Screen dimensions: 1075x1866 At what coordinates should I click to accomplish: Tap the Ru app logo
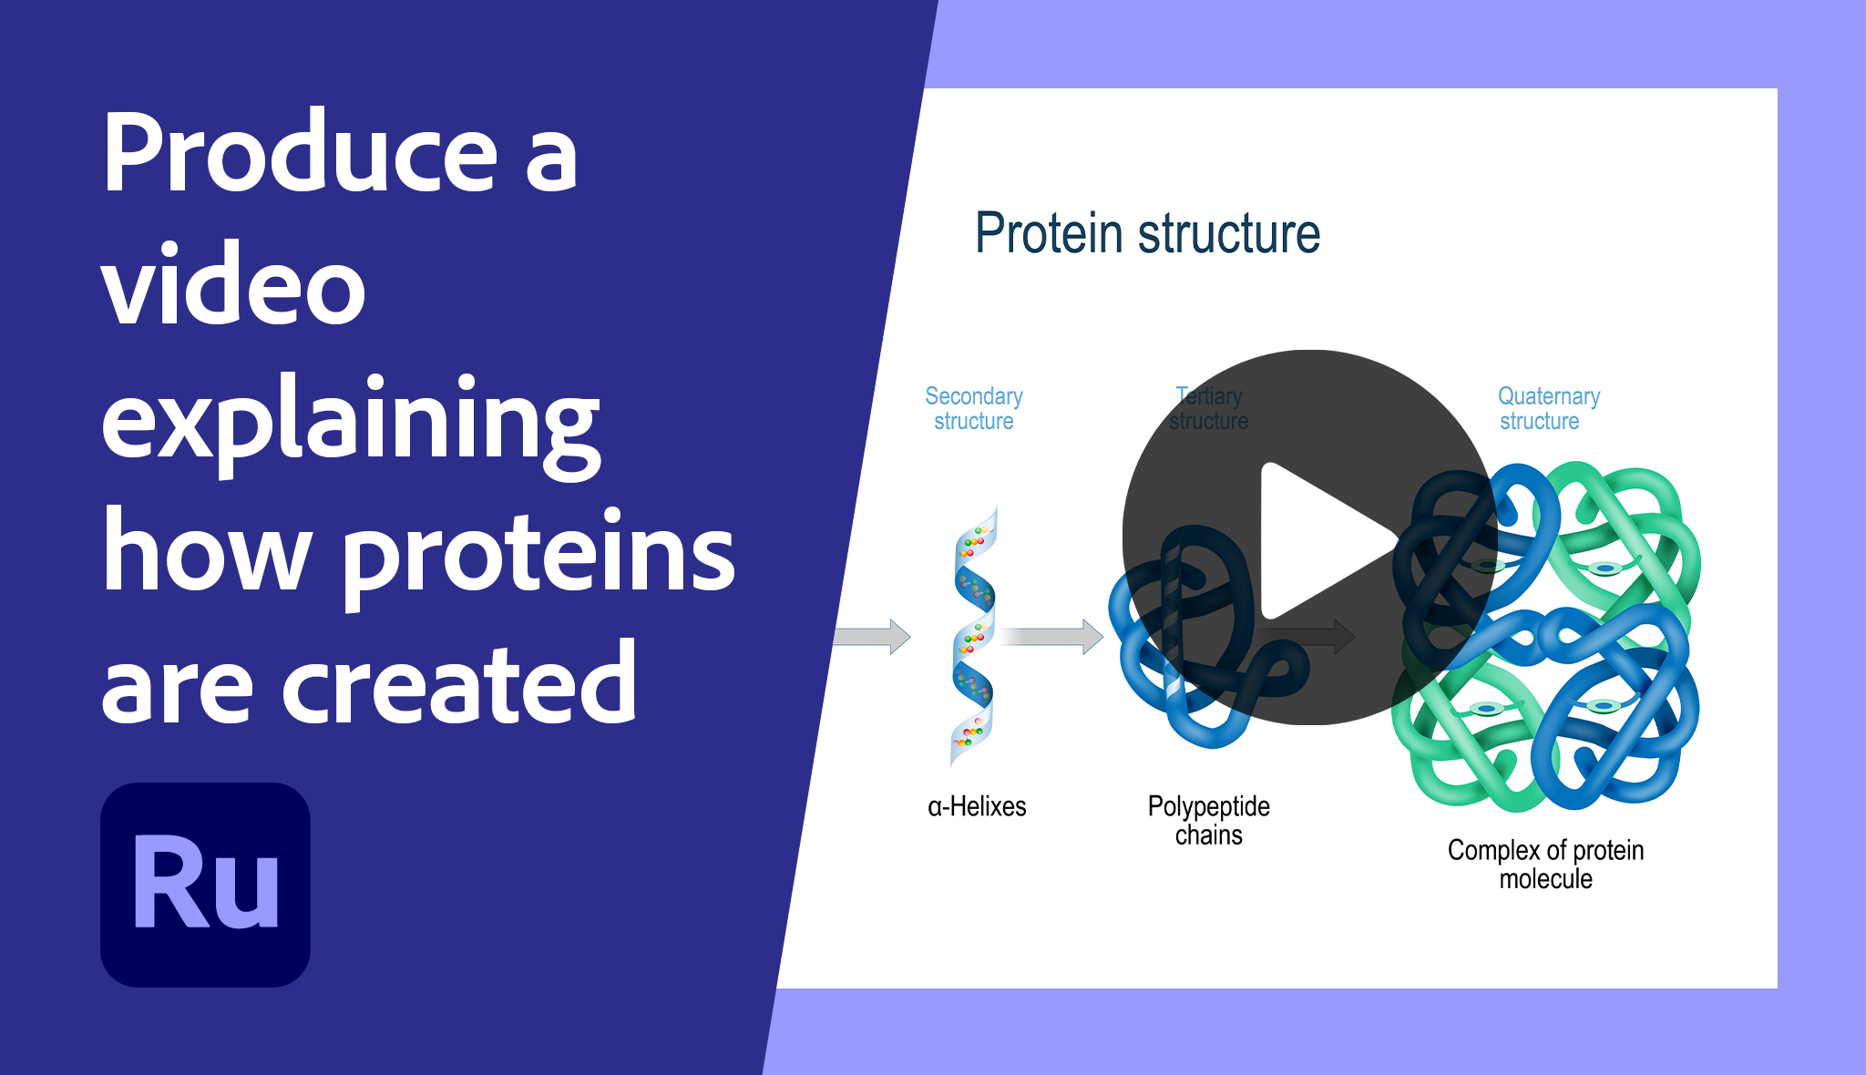pos(205,885)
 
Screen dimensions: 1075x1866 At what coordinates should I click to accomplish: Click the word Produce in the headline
pos(300,153)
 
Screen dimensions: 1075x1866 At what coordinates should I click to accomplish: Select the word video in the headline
pos(233,286)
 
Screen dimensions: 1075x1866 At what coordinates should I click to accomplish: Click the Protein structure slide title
pos(1147,233)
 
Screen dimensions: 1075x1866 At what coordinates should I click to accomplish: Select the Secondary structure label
pos(973,408)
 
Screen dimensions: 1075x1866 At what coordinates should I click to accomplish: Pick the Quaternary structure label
pos(1548,408)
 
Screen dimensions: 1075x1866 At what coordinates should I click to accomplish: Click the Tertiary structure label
pos(1208,408)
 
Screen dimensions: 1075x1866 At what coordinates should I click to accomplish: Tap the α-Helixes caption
pos(977,806)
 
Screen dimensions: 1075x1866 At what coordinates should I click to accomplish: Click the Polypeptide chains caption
pos(1208,820)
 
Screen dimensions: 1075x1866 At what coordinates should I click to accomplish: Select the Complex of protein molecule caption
pos(1545,864)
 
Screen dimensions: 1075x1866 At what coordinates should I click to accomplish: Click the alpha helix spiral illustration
pos(973,638)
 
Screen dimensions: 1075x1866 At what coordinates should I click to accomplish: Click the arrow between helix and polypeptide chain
pos(1052,636)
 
